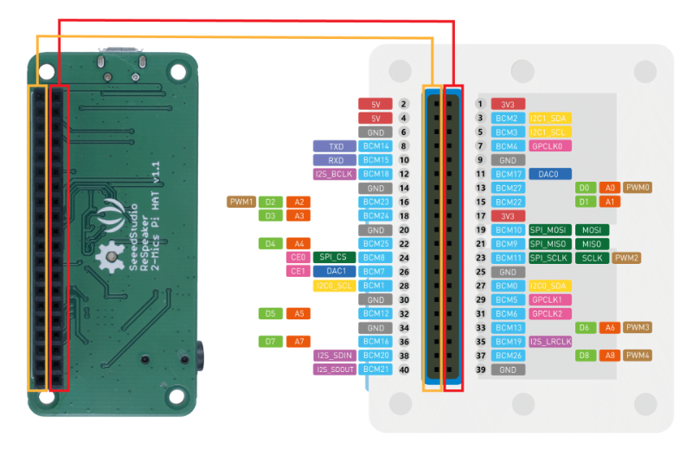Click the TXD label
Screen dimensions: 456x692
[x=336, y=146]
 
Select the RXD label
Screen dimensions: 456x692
[x=336, y=160]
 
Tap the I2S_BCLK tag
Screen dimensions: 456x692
[x=336, y=174]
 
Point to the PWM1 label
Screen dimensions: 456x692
[x=241, y=202]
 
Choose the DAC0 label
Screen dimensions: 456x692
[x=549, y=174]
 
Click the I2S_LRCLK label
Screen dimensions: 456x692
[x=551, y=342]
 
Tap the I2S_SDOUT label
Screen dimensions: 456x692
[x=335, y=369]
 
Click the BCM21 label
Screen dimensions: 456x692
[x=375, y=369]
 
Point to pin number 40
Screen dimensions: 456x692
[x=403, y=369]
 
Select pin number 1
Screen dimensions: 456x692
[x=479, y=104]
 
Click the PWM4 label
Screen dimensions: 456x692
[x=638, y=356]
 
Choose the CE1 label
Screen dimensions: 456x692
[x=298, y=272]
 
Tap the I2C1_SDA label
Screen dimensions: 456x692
[x=550, y=118]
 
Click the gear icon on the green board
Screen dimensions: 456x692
[x=110, y=256]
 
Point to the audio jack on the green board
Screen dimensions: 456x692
[x=201, y=355]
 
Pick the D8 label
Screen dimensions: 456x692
[x=585, y=356]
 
